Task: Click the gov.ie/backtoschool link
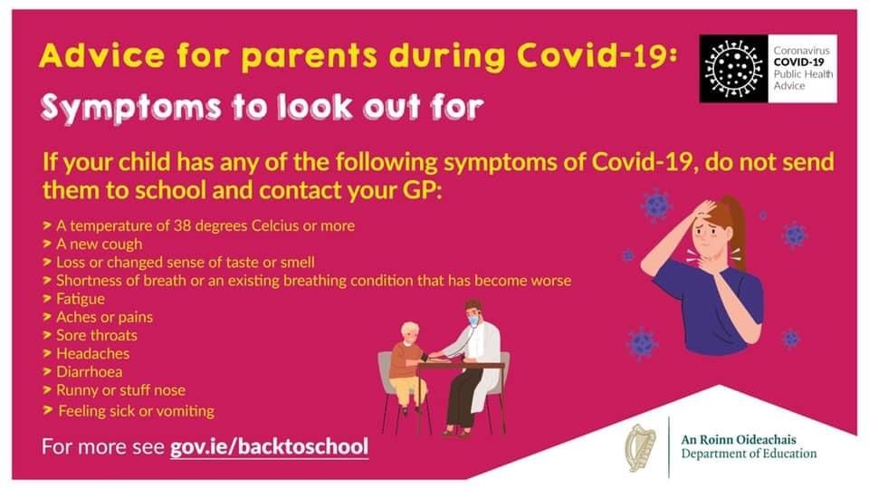pos(270,446)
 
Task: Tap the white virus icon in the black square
pos(733,69)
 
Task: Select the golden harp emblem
pos(641,448)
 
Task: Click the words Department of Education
pos(749,454)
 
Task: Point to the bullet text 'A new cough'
pos(100,244)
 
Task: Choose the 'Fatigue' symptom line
pos(81,299)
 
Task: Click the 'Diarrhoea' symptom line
pos(90,371)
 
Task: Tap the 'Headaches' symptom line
pos(92,353)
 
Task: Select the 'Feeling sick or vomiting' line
pos(137,411)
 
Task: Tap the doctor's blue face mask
pos(473,321)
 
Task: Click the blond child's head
pos(410,332)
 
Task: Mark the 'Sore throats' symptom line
pos(97,335)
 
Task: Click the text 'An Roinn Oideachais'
pos(739,440)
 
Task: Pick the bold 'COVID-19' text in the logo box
pos(798,62)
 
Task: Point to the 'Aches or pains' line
pos(104,317)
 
